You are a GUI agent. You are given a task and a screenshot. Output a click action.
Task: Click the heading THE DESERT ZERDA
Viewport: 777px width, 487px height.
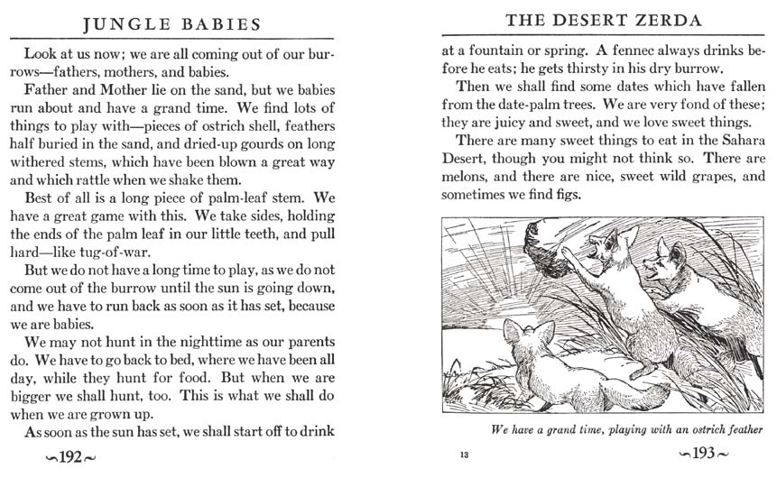(x=601, y=19)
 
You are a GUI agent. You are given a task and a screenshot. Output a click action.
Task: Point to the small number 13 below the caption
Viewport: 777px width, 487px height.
(x=464, y=455)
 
